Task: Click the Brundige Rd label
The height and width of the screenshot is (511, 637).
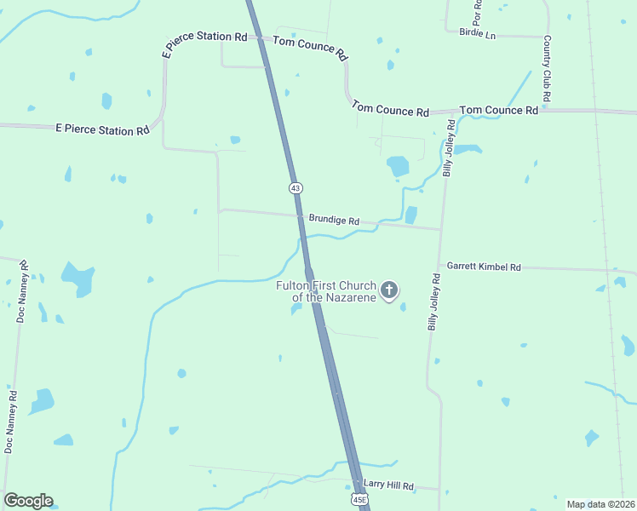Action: click(x=334, y=220)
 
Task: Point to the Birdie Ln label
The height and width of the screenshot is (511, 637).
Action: click(x=477, y=33)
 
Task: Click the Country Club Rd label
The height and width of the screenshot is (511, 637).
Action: click(x=548, y=71)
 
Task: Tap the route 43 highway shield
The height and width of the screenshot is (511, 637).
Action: click(x=295, y=187)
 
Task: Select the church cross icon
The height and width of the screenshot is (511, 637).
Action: click(x=388, y=291)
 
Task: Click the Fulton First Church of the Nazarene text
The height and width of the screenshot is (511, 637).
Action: click(x=326, y=291)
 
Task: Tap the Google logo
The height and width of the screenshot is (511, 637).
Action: click(x=28, y=501)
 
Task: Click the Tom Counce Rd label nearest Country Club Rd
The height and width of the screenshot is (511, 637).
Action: click(x=498, y=111)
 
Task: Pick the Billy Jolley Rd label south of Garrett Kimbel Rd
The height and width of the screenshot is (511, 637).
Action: click(x=434, y=302)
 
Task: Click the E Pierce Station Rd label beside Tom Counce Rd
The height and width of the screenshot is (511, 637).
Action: click(x=204, y=37)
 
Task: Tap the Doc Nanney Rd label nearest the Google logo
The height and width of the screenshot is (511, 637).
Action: click(x=10, y=422)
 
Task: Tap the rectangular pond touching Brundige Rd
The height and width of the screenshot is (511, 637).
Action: click(x=411, y=215)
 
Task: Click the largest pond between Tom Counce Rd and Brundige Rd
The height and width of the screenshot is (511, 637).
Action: click(x=398, y=166)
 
